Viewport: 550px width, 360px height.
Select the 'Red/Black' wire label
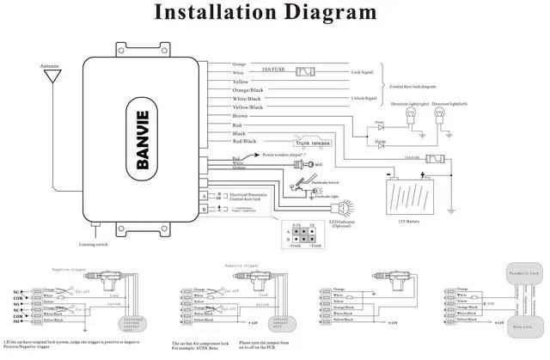point(244,141)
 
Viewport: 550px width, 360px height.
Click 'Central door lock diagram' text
point(420,88)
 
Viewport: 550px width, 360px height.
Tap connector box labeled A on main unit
point(204,197)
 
